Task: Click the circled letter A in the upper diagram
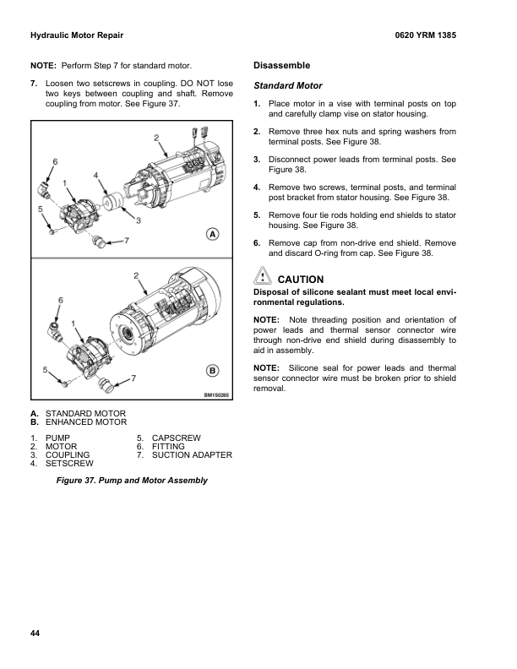point(213,234)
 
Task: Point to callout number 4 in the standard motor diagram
point(97,175)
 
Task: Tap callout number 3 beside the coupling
point(138,220)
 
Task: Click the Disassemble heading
point(282,65)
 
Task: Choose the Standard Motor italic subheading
point(288,86)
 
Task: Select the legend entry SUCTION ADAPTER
point(192,455)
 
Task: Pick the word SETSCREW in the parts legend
point(68,464)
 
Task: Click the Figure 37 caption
point(131,481)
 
